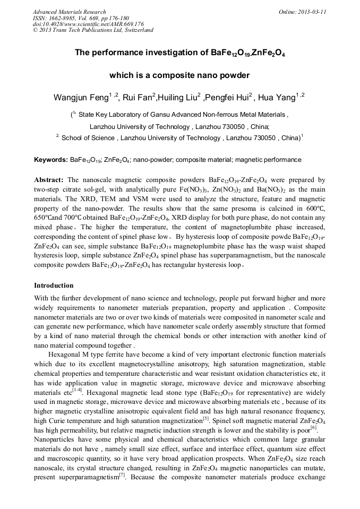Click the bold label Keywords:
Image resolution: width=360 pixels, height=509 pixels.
pos(50,160)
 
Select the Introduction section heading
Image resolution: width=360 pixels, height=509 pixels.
pos(54,285)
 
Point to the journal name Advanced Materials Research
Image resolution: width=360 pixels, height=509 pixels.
pos(69,12)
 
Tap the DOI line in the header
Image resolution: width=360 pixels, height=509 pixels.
pos(88,24)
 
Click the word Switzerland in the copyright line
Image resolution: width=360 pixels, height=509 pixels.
pos(136,30)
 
